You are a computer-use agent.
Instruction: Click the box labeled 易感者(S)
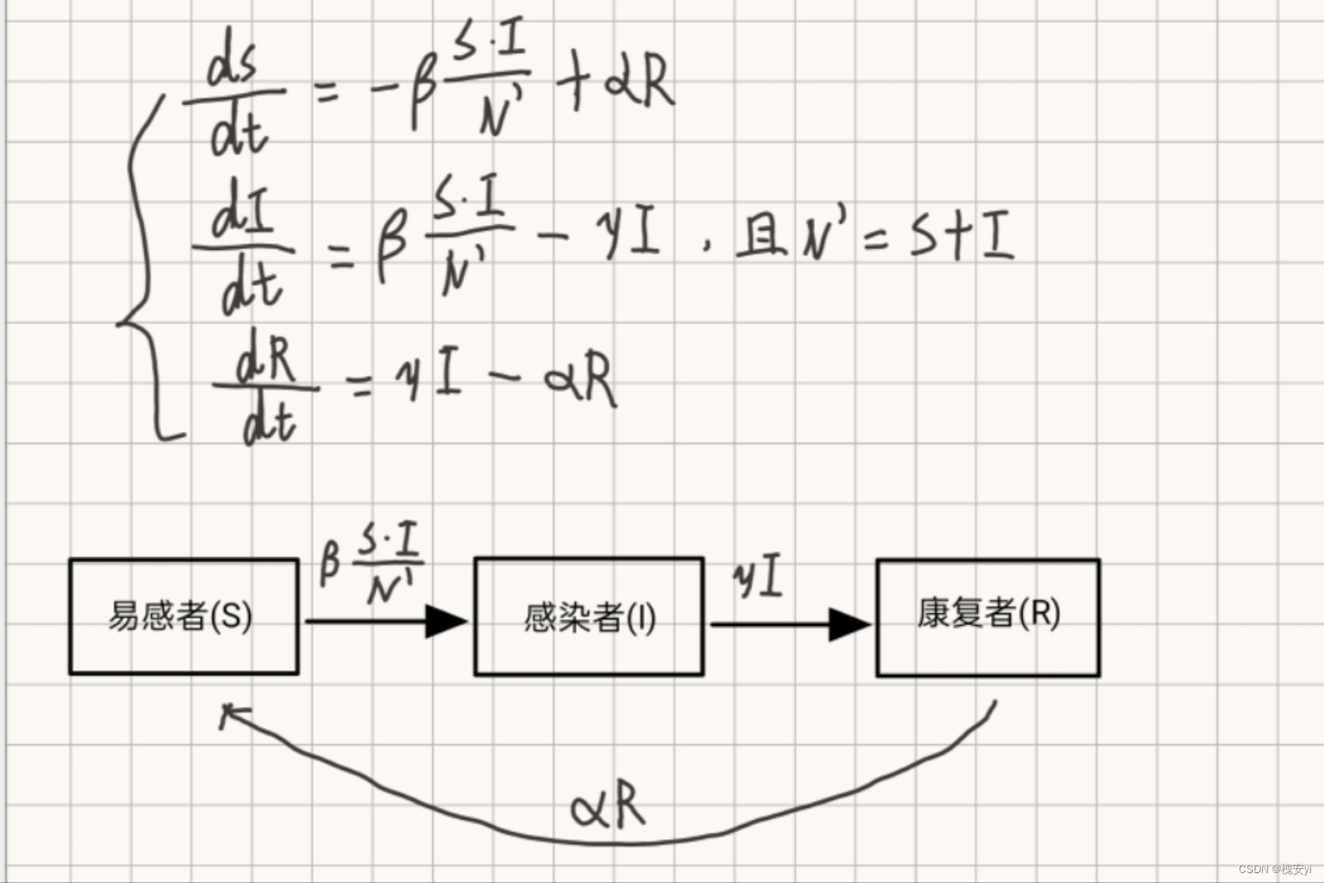tap(183, 617)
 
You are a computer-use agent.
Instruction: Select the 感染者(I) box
tap(588, 617)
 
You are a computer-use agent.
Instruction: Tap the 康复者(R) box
tap(988, 617)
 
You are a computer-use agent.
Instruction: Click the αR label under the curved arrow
tap(608, 805)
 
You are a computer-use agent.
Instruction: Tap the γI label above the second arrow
tap(758, 578)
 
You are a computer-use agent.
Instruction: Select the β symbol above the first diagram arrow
tap(329, 563)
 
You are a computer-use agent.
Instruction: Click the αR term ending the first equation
tap(639, 83)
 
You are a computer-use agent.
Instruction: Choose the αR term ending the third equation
tap(581, 380)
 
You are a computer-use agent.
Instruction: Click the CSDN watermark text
tap(1274, 869)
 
